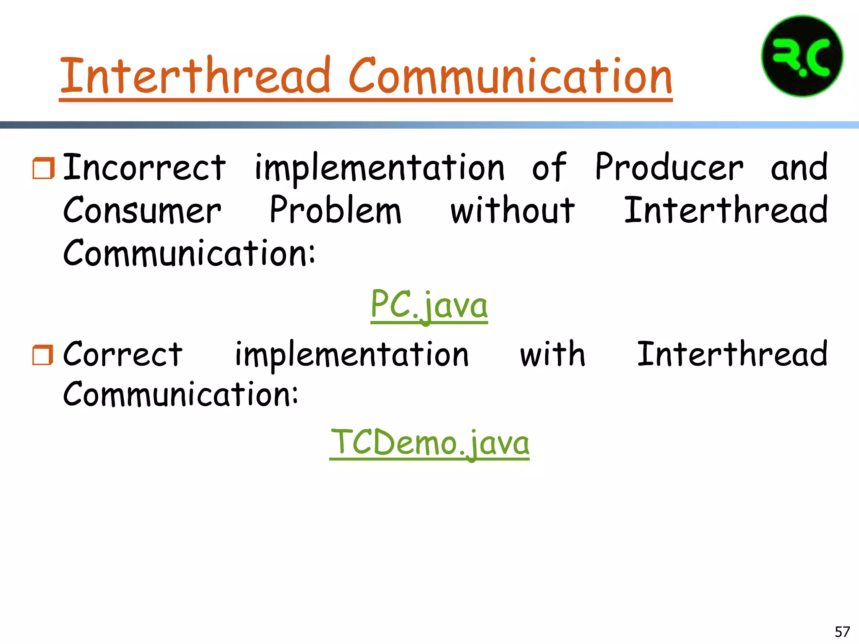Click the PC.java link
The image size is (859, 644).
pos(429,305)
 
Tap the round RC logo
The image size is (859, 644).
pos(802,56)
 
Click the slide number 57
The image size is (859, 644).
pos(842,631)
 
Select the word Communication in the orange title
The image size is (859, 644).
pos(510,76)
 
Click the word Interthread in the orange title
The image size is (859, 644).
pos(195,76)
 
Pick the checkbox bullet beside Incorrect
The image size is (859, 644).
pos(43,168)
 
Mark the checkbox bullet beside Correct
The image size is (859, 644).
pos(43,355)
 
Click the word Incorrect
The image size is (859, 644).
pos(144,168)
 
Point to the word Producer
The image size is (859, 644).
pos(669,168)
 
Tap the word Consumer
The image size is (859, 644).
pos(142,210)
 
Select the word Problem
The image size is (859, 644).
pos(335,210)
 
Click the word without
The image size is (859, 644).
pos(512,210)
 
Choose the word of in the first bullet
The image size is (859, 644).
pos(549,168)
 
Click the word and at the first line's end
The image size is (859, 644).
pos(799,168)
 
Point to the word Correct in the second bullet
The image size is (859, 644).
pos(122,355)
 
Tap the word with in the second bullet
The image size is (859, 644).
pos(552,355)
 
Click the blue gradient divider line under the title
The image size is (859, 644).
pos(429,125)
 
